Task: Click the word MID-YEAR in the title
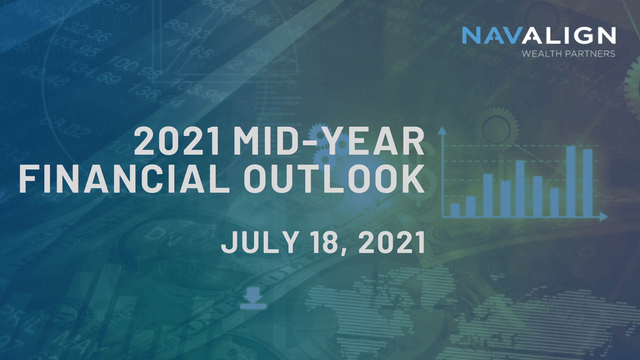[329, 141]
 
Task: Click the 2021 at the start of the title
[177, 141]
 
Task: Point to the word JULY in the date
[259, 242]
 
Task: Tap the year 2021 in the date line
[392, 242]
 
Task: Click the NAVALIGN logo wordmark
[539, 35]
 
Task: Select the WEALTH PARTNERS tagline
[568, 54]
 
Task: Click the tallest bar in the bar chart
[571, 181]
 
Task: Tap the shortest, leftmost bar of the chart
[455, 210]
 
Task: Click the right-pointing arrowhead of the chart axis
[604, 217]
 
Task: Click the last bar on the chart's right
[588, 183]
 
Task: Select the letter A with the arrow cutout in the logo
[534, 35]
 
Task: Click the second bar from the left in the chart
[470, 206]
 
